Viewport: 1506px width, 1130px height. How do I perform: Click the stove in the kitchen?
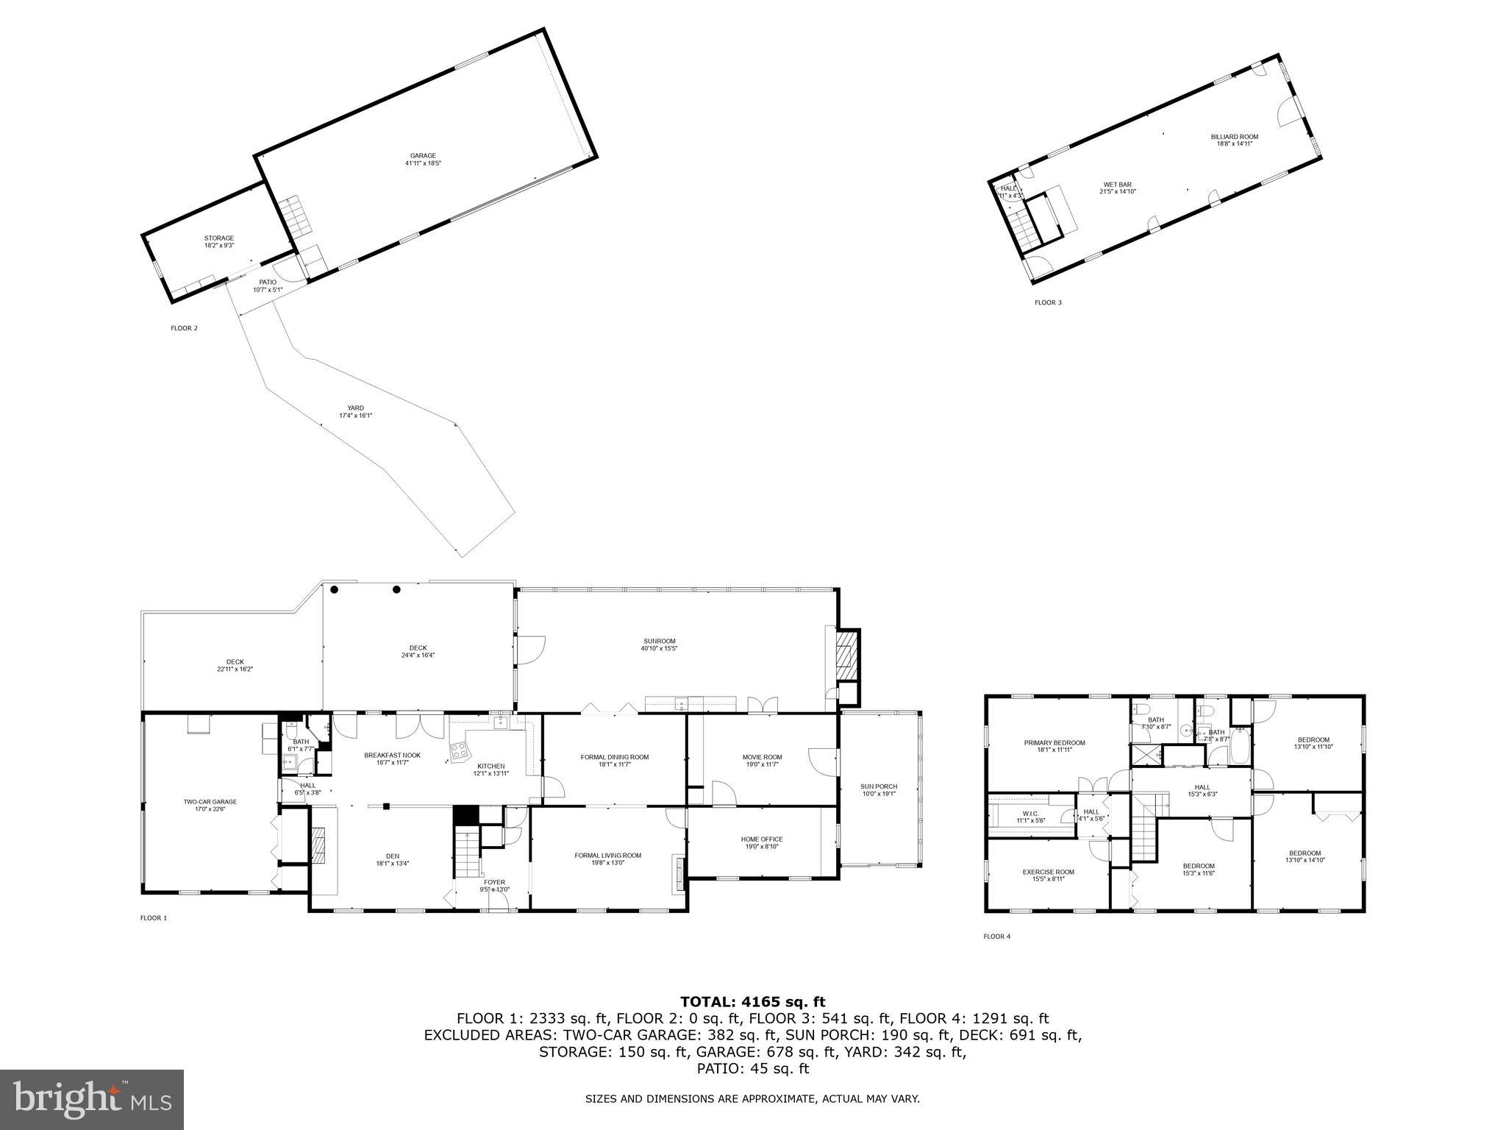click(460, 751)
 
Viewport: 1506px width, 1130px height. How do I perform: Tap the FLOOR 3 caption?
click(1048, 302)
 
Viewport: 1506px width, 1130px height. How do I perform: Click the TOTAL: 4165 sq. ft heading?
click(752, 1002)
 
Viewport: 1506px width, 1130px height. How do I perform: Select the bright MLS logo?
click(92, 1099)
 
